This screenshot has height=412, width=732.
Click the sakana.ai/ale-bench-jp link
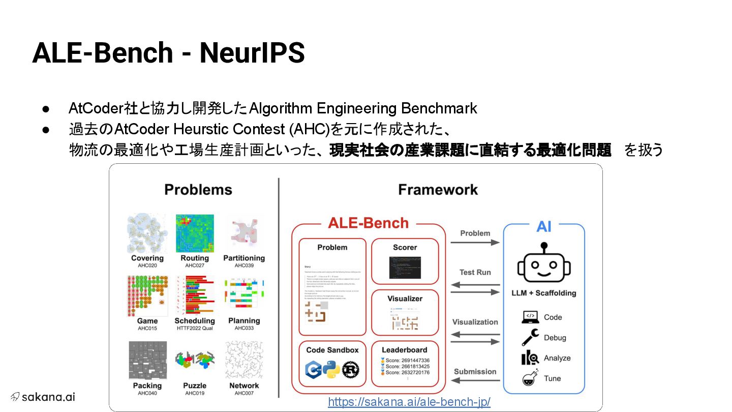(x=409, y=402)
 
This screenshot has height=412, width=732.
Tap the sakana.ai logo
(x=43, y=397)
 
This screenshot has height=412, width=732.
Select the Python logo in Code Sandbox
(x=331, y=369)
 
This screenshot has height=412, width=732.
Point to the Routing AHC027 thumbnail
(x=195, y=233)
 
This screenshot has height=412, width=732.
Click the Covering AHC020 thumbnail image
(x=147, y=233)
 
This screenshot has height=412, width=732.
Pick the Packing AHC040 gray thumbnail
(x=147, y=360)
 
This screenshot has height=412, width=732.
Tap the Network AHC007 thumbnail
(x=244, y=360)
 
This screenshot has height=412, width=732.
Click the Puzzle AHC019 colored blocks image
(x=195, y=360)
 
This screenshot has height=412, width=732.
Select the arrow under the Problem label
(x=475, y=243)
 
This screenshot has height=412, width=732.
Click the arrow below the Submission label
(x=475, y=380)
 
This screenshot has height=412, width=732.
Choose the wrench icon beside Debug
(x=530, y=338)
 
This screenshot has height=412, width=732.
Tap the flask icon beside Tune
(x=530, y=378)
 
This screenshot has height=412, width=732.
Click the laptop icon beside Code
(x=530, y=317)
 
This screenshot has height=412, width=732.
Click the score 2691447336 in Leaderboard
(x=407, y=360)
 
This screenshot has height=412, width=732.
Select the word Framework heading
(x=438, y=190)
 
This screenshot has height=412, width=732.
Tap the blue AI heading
(x=543, y=226)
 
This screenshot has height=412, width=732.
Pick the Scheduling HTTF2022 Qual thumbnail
(x=195, y=296)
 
